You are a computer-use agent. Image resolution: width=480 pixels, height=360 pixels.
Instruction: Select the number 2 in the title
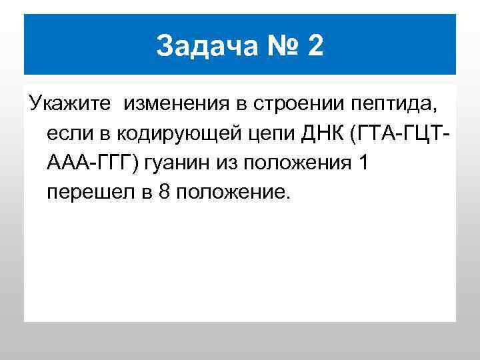coord(314,46)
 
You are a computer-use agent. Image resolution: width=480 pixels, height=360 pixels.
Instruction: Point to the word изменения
coord(175,103)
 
